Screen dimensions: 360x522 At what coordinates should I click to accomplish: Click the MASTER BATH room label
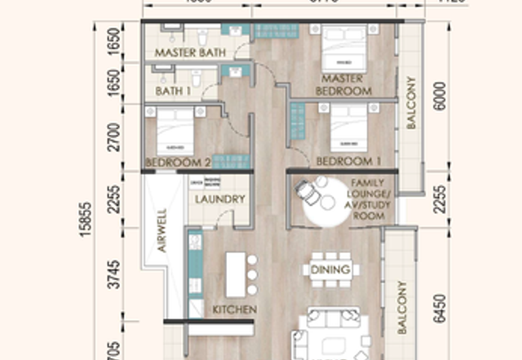click(x=190, y=52)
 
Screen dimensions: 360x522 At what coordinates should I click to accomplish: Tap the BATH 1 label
click(x=173, y=91)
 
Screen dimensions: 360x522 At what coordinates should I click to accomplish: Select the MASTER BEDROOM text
click(x=343, y=85)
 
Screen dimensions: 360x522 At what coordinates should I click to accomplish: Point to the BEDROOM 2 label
click(x=177, y=162)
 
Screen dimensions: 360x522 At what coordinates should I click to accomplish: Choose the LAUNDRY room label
click(x=219, y=199)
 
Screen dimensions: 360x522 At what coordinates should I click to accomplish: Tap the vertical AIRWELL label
click(x=162, y=230)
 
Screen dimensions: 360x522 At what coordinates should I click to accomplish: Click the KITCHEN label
click(x=234, y=309)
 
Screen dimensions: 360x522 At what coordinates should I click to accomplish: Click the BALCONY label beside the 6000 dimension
click(x=411, y=103)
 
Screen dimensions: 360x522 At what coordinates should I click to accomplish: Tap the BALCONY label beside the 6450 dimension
click(x=401, y=307)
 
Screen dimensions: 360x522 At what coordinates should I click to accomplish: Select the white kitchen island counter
click(x=235, y=274)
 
